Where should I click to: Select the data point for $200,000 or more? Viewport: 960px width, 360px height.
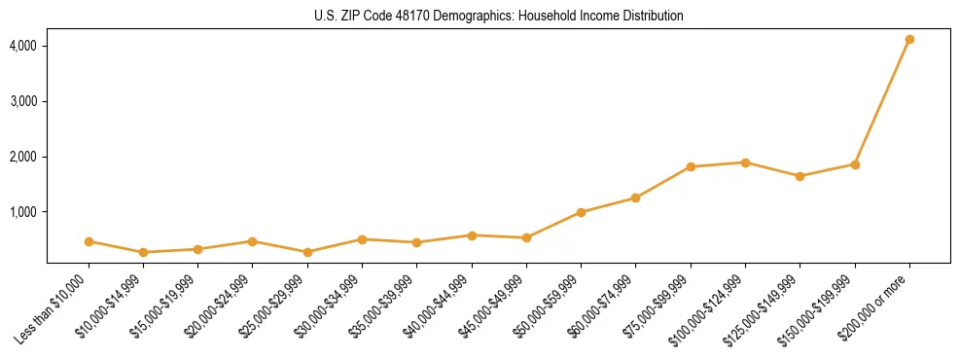coord(909,39)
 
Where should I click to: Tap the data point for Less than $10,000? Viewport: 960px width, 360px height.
coord(89,241)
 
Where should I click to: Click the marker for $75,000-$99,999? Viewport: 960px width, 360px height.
coord(691,166)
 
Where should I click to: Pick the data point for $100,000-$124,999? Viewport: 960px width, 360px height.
coord(745,162)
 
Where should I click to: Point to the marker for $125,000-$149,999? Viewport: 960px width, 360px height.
coord(800,176)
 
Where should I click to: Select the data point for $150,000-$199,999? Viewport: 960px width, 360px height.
coord(855,164)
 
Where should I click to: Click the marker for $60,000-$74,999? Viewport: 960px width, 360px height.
coord(635,198)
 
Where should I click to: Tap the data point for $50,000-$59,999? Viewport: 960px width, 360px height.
coord(581,212)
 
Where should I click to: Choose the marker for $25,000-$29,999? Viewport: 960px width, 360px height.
coord(307,252)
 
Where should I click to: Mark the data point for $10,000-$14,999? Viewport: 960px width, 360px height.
coord(143,252)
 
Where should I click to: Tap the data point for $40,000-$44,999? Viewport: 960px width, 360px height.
coord(472,235)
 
